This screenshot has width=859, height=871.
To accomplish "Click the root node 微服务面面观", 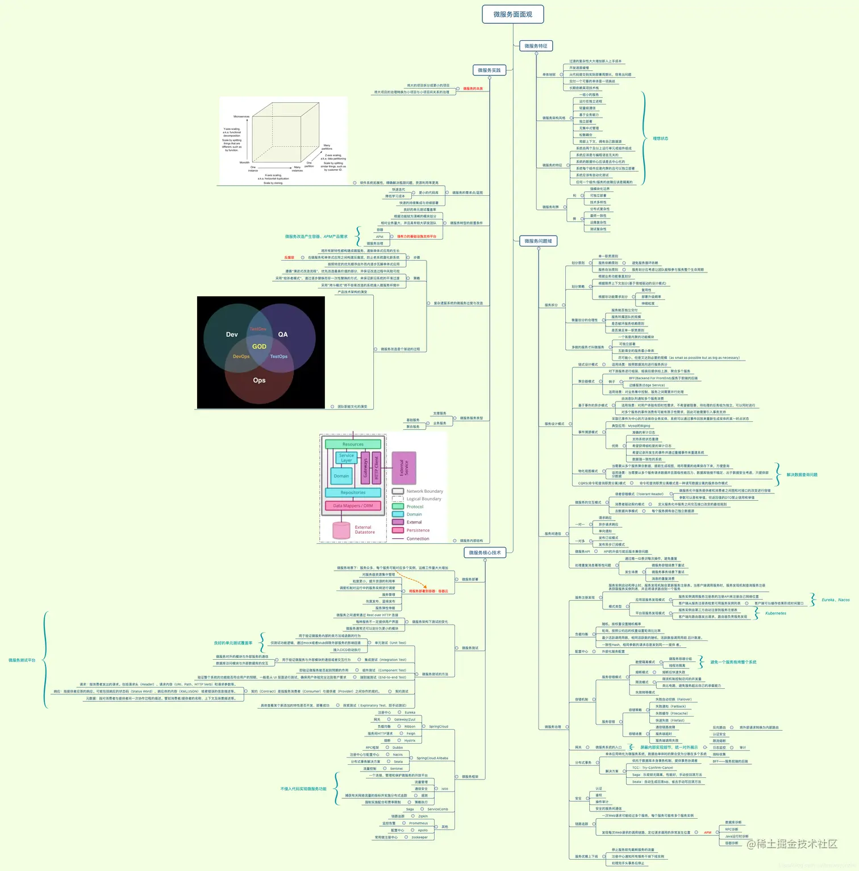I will click(x=512, y=14).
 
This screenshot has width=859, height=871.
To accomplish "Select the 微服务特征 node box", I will click(x=536, y=46).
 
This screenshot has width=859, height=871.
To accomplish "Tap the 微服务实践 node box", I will click(x=489, y=70).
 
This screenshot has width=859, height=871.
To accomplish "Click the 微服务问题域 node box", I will click(x=538, y=241).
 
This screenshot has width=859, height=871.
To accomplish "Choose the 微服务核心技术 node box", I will click(x=485, y=552).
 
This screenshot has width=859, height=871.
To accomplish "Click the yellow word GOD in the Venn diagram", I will click(x=259, y=346).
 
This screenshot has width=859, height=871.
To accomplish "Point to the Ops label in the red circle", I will click(x=259, y=380).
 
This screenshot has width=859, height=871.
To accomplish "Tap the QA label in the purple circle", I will click(x=283, y=334).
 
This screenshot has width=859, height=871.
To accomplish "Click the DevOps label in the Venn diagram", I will click(x=241, y=357).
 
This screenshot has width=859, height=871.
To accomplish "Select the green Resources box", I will click(x=353, y=444).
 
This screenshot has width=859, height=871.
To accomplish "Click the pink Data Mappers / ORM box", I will click(x=353, y=505).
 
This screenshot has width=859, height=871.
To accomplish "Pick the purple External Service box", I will click(x=404, y=468).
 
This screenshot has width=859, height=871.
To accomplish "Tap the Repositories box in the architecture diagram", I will click(x=353, y=492).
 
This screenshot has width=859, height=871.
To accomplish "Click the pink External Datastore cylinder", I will click(x=341, y=530).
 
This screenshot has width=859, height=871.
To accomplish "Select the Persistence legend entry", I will click(x=418, y=530).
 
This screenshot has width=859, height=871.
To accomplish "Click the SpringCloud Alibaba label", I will click(x=432, y=758).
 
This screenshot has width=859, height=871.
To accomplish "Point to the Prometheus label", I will click(x=418, y=823).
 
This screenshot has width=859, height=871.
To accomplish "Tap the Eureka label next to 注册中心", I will click(x=410, y=713).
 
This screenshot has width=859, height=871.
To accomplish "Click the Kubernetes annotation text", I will click(x=775, y=613).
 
